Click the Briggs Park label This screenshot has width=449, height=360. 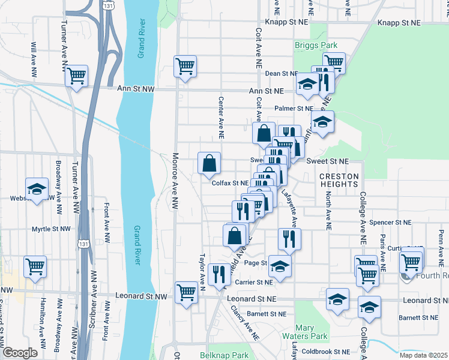[x=316, y=45]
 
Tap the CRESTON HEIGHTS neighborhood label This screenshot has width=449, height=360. [x=339, y=180]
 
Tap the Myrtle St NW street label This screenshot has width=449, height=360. [x=52, y=229]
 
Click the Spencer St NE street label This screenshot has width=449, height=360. [x=390, y=222]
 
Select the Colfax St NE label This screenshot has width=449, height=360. [x=230, y=183]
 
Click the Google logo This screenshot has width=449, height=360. [x=20, y=353]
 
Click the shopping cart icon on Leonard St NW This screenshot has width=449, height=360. [x=186, y=293]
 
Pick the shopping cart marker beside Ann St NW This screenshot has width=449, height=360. [x=76, y=76]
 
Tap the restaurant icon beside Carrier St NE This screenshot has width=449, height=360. [x=219, y=274]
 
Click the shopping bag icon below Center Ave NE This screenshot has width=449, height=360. [x=209, y=163]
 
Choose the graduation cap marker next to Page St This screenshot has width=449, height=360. [x=280, y=266]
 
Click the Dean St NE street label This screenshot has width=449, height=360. [x=281, y=73]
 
